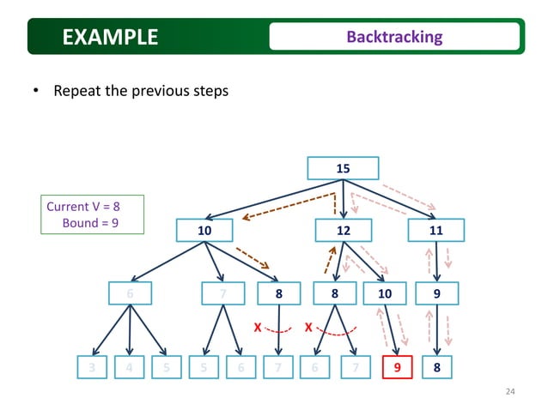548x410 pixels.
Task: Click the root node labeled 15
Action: pos(343,169)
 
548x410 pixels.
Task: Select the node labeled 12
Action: pos(343,230)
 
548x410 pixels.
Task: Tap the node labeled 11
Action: pos(437,230)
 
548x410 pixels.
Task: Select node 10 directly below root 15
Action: pos(204,230)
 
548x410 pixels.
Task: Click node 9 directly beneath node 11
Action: pos(437,294)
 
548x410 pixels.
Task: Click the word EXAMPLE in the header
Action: pos(110,37)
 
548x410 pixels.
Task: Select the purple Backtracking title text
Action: pos(394,37)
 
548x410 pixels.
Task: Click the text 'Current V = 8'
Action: pos(82,207)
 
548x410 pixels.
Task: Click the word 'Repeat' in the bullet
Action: pos(77,90)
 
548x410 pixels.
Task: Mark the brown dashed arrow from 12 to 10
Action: pos(288,207)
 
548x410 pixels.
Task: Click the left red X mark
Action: pos(257,327)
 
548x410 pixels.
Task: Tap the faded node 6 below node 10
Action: pos(130,294)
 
